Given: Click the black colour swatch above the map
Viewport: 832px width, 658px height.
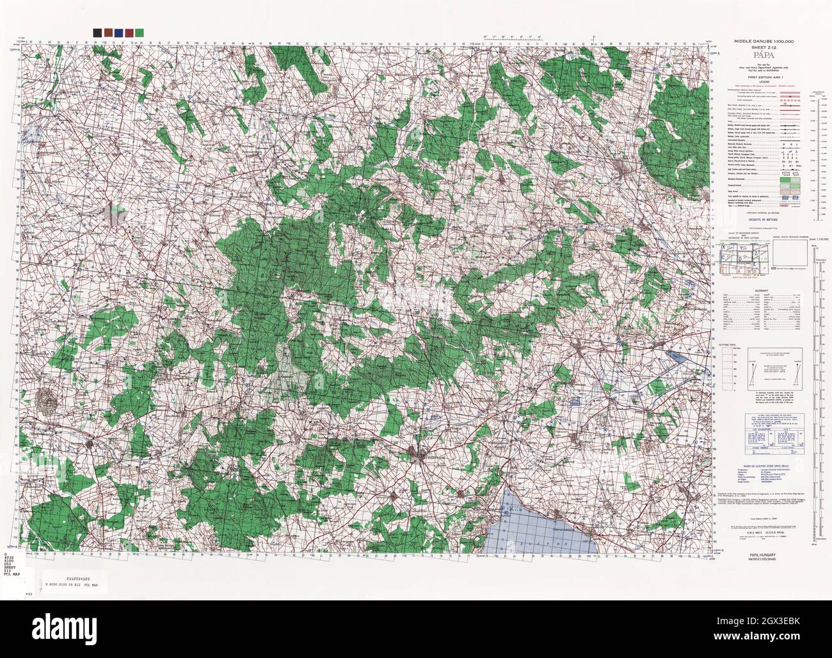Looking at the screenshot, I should [x=96, y=32].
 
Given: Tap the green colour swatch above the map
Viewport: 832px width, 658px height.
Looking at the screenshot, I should [x=140, y=32].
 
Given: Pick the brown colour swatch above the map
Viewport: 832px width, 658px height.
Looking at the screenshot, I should [x=107, y=32].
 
